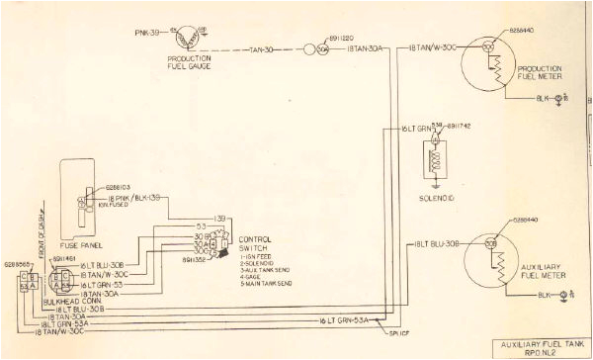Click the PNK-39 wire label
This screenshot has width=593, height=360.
pyautogui.click(x=144, y=33)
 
